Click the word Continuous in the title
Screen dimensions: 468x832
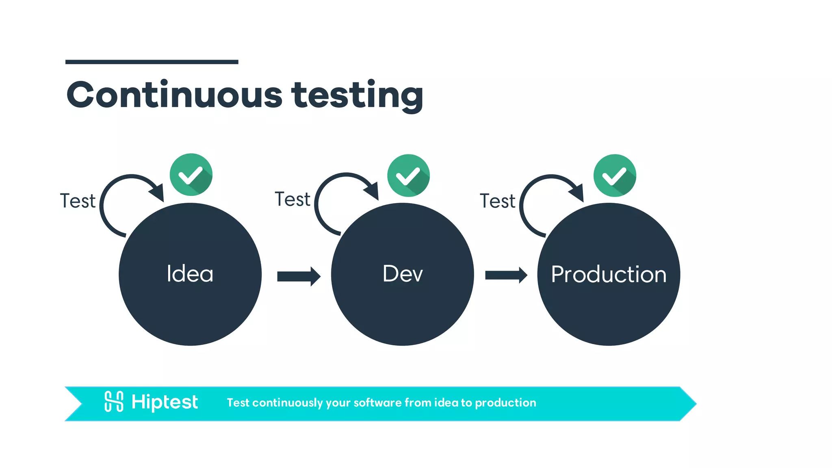pos(174,95)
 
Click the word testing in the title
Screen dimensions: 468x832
pos(357,96)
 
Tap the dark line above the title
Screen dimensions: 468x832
pos(152,62)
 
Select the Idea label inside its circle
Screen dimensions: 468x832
pos(190,274)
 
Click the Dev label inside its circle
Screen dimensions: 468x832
pos(403,274)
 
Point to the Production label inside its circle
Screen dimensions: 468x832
pos(609,275)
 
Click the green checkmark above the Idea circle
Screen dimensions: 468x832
pos(191,175)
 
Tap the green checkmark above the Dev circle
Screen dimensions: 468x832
pos(408,175)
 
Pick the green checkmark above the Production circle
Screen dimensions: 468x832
pos(615,175)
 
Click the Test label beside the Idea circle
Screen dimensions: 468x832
pos(78,201)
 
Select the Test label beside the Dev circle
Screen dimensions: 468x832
pos(292,199)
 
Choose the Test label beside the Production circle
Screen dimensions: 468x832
pos(497,201)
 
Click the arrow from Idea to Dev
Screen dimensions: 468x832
pos(299,276)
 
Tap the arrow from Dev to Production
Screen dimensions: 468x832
pos(506,275)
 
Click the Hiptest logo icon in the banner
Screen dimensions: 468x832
pos(114,401)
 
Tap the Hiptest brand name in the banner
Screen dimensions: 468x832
pos(165,402)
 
